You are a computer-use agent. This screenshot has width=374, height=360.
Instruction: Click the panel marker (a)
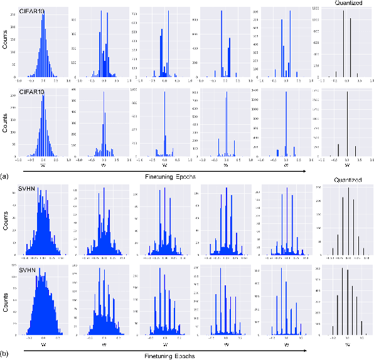[x=6, y=176]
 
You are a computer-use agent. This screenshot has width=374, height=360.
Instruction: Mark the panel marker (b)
[x=6, y=354]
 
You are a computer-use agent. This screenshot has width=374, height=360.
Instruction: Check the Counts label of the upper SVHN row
[x=5, y=219]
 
